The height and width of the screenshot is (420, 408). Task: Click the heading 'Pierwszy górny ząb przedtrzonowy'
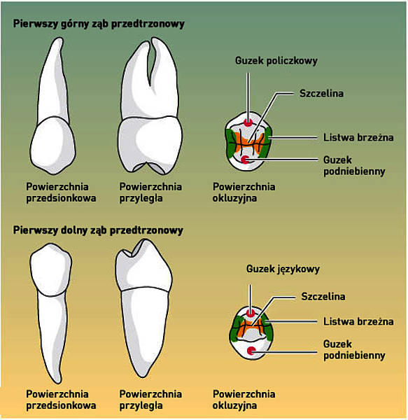point(99,24)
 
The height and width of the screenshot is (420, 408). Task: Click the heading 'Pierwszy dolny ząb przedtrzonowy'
point(98,230)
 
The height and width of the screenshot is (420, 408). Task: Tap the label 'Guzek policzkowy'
point(276,61)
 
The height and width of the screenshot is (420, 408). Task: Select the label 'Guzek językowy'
point(283,269)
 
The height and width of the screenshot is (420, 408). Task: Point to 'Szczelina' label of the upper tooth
point(321,94)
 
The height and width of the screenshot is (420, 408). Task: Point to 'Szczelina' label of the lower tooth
point(323,297)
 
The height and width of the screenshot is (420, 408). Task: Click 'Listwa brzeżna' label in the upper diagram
point(358,137)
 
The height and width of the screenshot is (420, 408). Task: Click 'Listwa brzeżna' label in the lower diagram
point(358,321)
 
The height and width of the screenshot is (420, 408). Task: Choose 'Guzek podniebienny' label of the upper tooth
point(354,165)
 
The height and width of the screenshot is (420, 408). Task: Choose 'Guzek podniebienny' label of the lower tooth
point(354,350)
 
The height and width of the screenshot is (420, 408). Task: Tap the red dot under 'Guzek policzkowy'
point(248,123)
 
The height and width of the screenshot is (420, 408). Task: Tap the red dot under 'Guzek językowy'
point(251,313)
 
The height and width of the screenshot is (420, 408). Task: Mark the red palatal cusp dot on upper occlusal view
point(245,160)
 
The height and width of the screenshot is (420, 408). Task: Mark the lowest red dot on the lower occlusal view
point(251,351)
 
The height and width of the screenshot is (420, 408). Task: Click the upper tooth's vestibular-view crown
point(53,145)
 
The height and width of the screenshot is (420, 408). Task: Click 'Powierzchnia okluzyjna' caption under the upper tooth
point(244,192)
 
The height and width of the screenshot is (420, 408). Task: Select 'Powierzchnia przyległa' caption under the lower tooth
point(150,400)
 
